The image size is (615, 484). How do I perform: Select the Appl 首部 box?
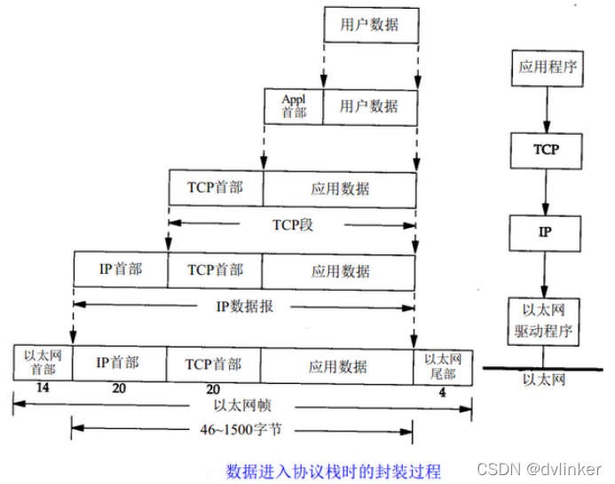[x=294, y=105]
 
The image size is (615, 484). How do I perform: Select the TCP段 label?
[x=293, y=224]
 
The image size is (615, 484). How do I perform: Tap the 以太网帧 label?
[x=241, y=407]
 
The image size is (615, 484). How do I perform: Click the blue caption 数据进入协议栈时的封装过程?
[x=333, y=470]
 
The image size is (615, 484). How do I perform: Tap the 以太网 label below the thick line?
[x=544, y=379]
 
